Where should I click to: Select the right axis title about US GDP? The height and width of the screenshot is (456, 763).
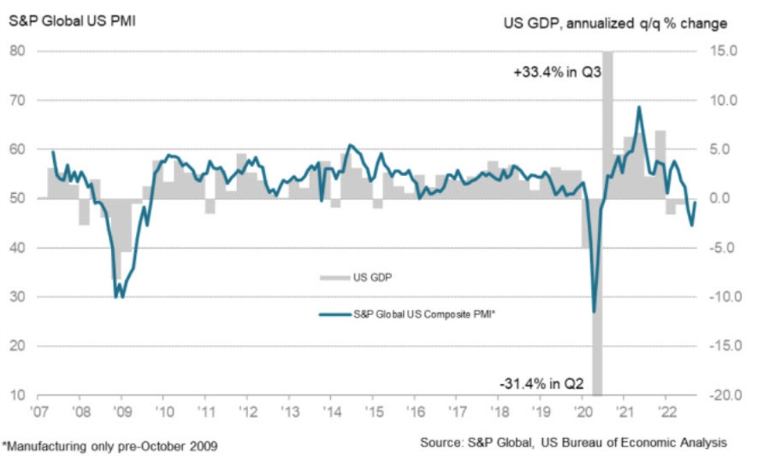[614, 23]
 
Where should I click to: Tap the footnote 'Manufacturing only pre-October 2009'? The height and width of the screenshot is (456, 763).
[110, 443]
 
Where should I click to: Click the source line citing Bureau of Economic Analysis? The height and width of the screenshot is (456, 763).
[574, 443]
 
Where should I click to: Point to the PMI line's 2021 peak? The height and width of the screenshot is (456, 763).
[639, 107]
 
